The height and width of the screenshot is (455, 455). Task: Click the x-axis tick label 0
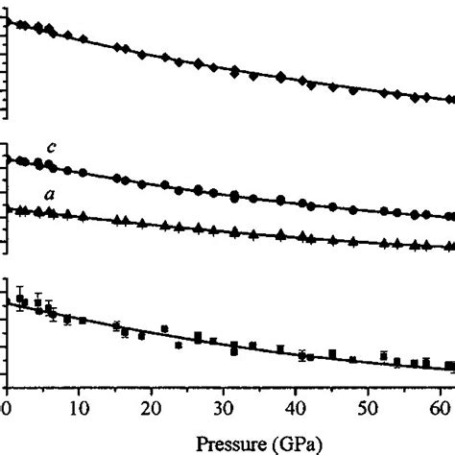point(8,407)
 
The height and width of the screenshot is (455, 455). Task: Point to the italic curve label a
point(50,195)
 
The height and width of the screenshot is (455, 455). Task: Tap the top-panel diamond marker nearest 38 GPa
point(280,77)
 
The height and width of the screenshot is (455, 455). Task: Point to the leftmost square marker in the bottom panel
point(18,299)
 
